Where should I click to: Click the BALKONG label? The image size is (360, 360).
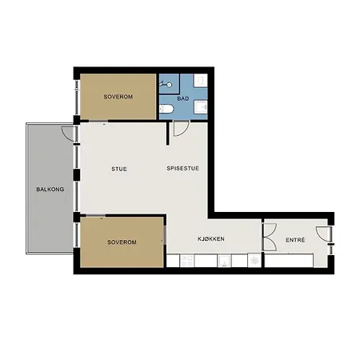pos(50,190)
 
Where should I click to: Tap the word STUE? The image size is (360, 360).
pos(119,169)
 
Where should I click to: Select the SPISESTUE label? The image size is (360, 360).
pos(182,169)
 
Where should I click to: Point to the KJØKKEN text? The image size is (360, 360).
pos(211,239)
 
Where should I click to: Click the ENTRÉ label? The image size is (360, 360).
pos(295,240)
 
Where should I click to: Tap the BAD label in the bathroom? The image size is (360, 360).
pos(183,98)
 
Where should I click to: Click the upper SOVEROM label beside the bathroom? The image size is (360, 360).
pos(118,97)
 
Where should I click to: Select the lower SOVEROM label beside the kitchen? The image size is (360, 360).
pos(122,242)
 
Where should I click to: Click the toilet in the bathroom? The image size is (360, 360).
pos(166,109)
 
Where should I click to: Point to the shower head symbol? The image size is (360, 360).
pos(166,85)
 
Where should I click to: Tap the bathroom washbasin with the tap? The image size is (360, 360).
pos(200,107)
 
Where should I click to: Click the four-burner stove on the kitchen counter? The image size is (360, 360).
pos(186,261)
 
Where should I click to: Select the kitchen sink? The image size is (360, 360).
pos(224,261)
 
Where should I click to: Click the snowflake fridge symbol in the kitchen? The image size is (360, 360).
pos(254,260)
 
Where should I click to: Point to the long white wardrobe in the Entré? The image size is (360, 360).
pos(289,261)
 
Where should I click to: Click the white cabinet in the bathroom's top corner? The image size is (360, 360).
pos(201,81)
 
